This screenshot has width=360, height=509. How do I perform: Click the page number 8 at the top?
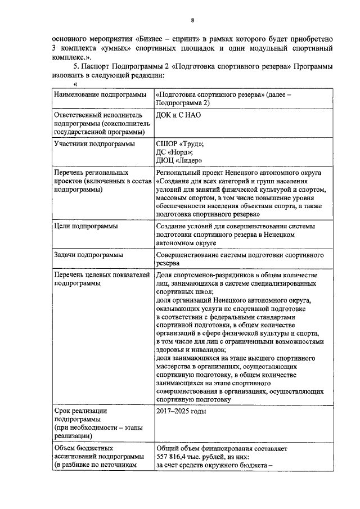[x=192, y=21]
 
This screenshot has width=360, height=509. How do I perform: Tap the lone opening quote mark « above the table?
[x=74, y=84]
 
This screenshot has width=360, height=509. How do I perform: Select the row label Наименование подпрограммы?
[x=97, y=95]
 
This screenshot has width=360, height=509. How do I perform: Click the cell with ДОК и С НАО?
[x=179, y=115]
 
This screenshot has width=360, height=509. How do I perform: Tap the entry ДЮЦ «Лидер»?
[x=179, y=160]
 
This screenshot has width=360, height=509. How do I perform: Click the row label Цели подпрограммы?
[x=86, y=226]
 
